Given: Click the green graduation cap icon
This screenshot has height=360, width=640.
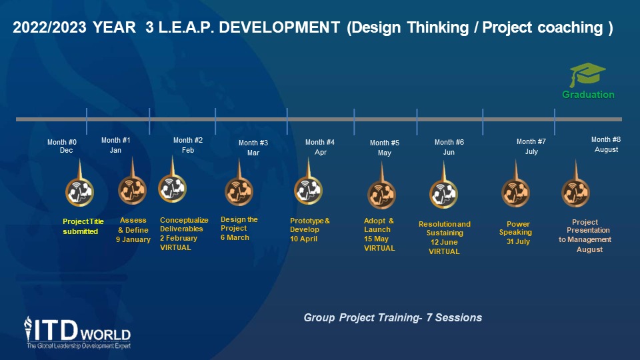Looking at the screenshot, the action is pyautogui.click(x=587, y=74).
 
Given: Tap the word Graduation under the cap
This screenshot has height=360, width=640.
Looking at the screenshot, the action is pyautogui.click(x=588, y=95).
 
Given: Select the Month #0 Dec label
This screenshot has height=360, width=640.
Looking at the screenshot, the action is pyautogui.click(x=62, y=146).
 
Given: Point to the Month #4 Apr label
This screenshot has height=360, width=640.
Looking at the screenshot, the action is pyautogui.click(x=320, y=147).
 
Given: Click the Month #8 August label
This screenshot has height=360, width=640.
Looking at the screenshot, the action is pyautogui.click(x=606, y=145).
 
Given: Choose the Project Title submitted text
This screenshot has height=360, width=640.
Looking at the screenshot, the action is pyautogui.click(x=83, y=227).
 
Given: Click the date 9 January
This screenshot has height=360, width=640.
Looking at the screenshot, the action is pyautogui.click(x=133, y=239).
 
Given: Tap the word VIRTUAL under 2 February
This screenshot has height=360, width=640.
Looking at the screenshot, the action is pyautogui.click(x=175, y=248).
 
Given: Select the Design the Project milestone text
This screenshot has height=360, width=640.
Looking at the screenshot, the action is pyautogui.click(x=239, y=224).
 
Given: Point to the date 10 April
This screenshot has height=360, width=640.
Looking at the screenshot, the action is pyautogui.click(x=304, y=239).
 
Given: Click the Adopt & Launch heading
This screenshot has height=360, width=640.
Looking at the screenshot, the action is pyautogui.click(x=379, y=225).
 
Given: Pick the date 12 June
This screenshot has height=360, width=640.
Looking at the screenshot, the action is pyautogui.click(x=444, y=242).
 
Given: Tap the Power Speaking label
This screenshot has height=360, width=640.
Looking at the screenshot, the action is pyautogui.click(x=516, y=228).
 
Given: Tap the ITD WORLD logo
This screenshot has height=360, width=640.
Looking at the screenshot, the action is pyautogui.click(x=77, y=333).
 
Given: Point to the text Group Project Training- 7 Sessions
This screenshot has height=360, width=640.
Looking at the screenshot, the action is pyautogui.click(x=393, y=317).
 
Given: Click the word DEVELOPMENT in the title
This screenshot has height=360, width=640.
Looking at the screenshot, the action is pyautogui.click(x=279, y=27).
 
